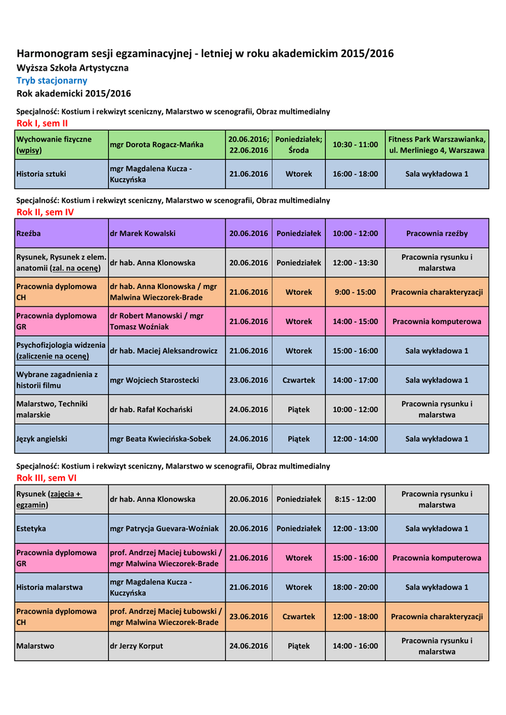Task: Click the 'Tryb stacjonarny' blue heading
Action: [x=52, y=80]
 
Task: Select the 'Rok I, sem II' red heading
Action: [x=42, y=123]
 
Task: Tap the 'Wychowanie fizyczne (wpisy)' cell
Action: [x=61, y=145]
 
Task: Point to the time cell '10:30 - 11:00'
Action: [x=355, y=145]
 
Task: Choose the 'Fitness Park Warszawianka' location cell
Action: [x=437, y=145]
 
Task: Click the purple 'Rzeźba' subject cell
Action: [x=61, y=233]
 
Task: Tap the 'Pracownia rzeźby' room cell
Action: [x=437, y=233]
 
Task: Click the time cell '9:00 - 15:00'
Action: [x=355, y=292]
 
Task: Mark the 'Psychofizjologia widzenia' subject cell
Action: [x=61, y=351]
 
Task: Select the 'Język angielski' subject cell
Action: [x=61, y=438]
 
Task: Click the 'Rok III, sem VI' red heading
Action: [x=46, y=478]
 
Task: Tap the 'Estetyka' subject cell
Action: [x=61, y=529]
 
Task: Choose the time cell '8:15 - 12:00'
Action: [x=355, y=499]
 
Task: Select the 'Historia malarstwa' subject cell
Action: [x=61, y=587]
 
